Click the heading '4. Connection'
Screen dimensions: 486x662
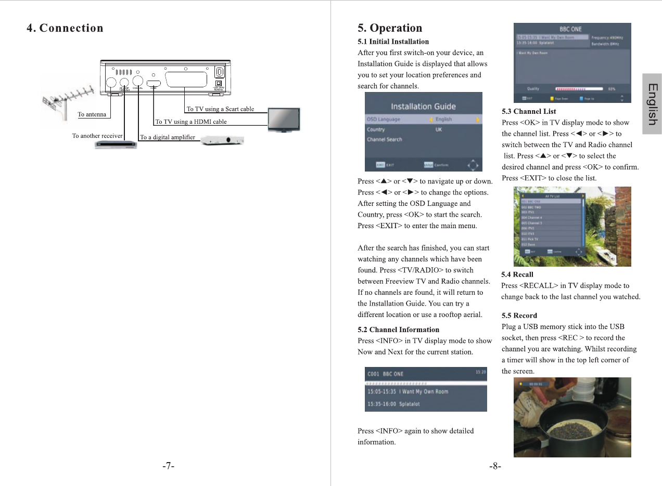65,28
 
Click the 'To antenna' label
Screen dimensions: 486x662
92,114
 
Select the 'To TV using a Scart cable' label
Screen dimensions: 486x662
220,109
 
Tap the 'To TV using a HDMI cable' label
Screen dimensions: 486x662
191,122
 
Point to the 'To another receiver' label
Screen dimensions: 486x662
97,136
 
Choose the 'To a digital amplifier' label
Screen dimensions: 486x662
167,137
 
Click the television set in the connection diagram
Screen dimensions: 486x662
284,120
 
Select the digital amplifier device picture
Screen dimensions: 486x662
222,140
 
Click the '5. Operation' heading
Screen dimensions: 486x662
390,28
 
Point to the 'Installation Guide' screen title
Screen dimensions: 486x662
423,107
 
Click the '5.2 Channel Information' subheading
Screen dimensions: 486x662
398,330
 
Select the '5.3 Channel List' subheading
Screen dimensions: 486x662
529,111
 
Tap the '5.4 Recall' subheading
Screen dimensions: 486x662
517,274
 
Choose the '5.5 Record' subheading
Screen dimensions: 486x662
519,316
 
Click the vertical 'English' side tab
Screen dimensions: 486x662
652,104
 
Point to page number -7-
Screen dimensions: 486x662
168,466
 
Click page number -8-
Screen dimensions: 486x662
495,466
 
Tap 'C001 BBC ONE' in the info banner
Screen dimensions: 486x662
385,374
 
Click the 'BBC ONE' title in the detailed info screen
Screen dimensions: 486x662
570,29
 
